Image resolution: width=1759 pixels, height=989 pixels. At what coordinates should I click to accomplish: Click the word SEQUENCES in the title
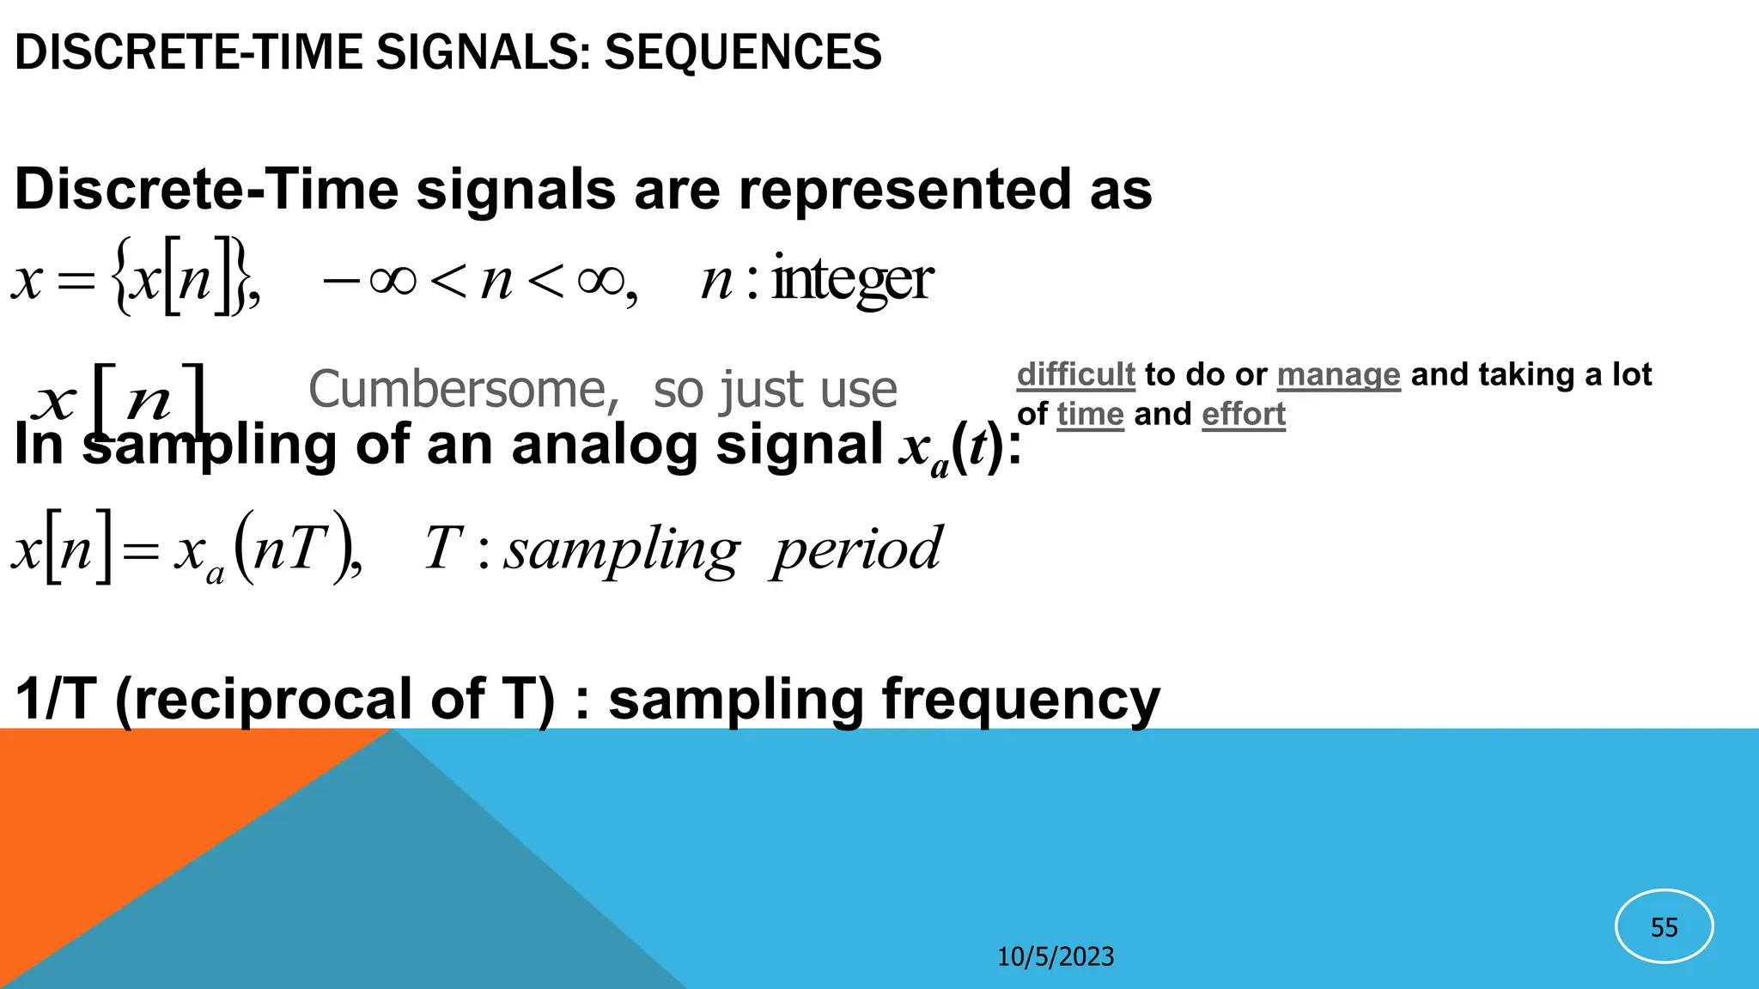pyautogui.click(x=743, y=52)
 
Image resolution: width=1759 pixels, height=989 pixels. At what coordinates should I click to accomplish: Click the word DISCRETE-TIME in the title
pyautogui.click(x=189, y=52)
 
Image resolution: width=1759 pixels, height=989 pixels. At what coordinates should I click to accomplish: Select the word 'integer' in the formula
pyautogui.click(x=852, y=280)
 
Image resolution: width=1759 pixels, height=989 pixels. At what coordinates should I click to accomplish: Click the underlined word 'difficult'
pyautogui.click(x=1075, y=374)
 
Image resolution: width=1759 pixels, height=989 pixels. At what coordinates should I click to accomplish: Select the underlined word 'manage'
pyautogui.click(x=1338, y=374)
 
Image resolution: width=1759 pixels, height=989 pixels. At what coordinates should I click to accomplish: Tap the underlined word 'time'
pyautogui.click(x=1090, y=414)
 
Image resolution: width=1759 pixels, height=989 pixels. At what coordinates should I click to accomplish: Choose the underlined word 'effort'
pyautogui.click(x=1243, y=414)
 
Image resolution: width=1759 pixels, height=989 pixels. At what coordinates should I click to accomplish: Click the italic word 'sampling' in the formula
pyautogui.click(x=621, y=549)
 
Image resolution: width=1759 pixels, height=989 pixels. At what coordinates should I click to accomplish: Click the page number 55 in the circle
pyautogui.click(x=1664, y=927)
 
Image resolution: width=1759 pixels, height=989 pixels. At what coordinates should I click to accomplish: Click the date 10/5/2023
pyautogui.click(x=1055, y=956)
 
